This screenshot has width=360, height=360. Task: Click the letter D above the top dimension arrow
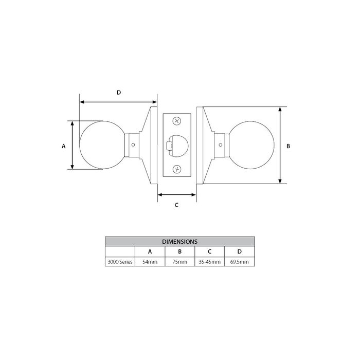[x=119, y=93]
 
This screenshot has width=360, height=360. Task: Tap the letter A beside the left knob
[x=64, y=146]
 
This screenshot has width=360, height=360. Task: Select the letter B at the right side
[x=289, y=146]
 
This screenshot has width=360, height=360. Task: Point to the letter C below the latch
[x=176, y=205]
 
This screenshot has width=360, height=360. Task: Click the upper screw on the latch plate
[x=177, y=121]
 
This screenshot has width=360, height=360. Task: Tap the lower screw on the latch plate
[x=177, y=169]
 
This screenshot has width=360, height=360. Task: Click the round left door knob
[x=102, y=145]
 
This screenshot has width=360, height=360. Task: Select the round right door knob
[x=251, y=145]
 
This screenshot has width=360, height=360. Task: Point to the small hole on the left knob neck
[x=133, y=145]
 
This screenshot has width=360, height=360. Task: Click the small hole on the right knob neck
[x=221, y=145]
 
